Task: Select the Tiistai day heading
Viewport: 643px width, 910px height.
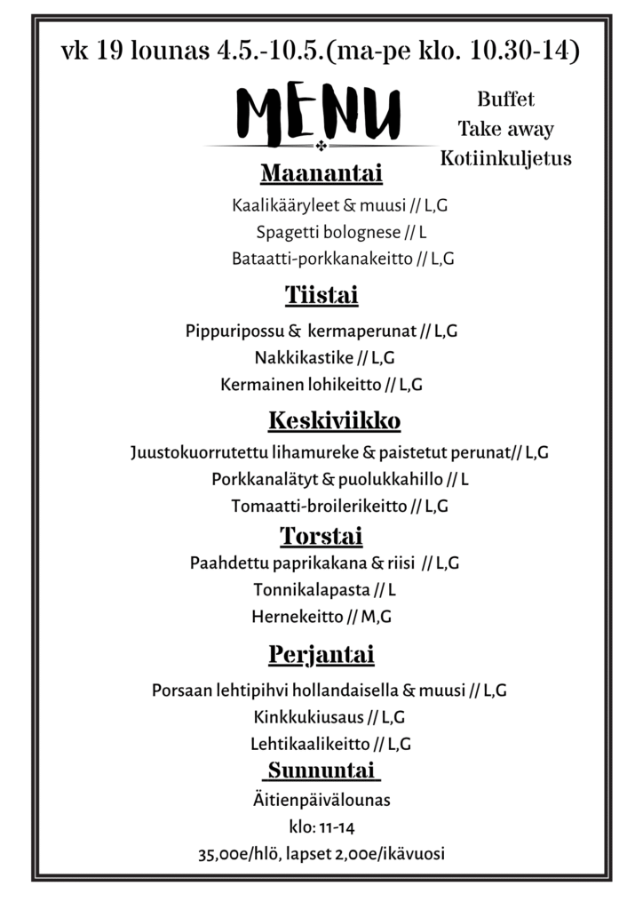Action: (x=321, y=294)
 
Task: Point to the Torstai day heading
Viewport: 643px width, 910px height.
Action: (x=321, y=536)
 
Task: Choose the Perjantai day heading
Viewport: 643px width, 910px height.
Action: (x=321, y=656)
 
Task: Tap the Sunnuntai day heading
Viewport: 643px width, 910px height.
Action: (x=321, y=769)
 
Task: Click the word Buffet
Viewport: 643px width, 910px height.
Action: (x=505, y=99)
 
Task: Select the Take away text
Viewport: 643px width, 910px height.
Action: (x=505, y=130)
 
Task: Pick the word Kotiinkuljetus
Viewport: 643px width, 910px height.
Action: (x=505, y=160)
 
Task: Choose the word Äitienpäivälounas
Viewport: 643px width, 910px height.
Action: (x=321, y=800)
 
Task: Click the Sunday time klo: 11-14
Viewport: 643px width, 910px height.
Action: (x=321, y=828)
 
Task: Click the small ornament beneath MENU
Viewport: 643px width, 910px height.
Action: (x=321, y=145)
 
